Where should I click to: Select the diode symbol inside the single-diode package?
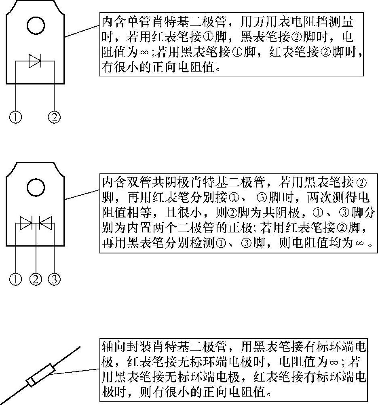pos(35,61)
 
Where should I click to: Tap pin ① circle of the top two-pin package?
pos(16,117)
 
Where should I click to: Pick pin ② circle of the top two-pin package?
pos(54,117)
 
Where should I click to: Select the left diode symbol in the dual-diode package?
pos(27,222)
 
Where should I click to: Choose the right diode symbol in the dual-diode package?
pos(46,222)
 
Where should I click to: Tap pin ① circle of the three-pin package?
pos(16,279)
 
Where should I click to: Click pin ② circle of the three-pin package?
pos(36,279)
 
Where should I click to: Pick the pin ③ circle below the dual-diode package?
pos(54,279)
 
